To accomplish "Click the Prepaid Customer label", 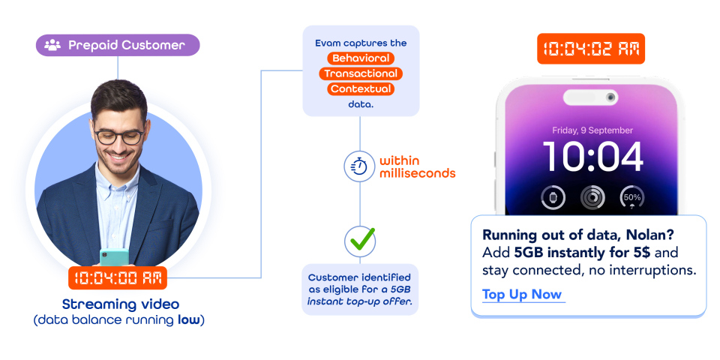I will pos(126,45).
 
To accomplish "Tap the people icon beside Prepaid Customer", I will pos(52,45).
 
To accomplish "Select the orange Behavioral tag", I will pos(361,58).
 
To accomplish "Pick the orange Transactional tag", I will pos(361,73).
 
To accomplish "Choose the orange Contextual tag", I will pos(361,89).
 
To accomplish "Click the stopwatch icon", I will pos(360,166).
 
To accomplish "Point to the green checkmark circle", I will pos(360,241).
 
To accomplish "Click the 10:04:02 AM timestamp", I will pos(591,49).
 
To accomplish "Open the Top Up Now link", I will pos(522,294).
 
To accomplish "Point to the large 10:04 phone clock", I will pos(592,157).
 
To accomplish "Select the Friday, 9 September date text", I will pos(592,130).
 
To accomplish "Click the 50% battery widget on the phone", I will pos(631,198).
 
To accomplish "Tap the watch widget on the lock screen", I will pos(553,198).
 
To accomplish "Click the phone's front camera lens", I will pos(612,97).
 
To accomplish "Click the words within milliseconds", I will pos(417,166).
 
